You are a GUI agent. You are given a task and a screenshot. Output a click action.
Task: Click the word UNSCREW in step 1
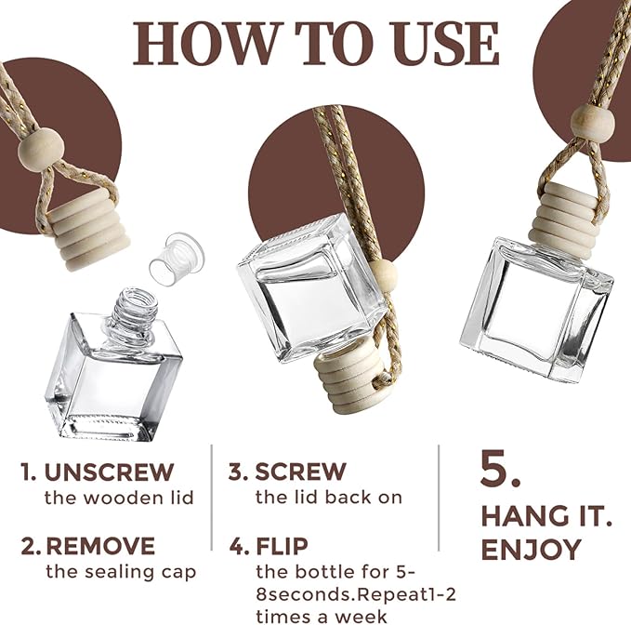tap(109, 472)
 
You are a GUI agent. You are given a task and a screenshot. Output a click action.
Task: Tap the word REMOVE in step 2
tap(100, 546)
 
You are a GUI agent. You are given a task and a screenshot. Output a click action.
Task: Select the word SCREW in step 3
tap(300, 472)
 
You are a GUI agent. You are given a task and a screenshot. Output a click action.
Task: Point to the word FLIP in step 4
tap(283, 546)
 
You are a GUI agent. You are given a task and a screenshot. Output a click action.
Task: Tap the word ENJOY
tap(532, 550)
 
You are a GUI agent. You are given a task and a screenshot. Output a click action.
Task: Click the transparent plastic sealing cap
tap(177, 259)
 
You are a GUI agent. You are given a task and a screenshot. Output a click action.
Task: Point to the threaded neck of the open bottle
tap(133, 312)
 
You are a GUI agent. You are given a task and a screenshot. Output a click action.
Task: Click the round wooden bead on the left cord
tap(41, 149)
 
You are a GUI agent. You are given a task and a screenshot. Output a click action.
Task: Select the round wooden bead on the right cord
tap(593, 120)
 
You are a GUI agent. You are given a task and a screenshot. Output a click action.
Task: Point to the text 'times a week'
tap(322, 617)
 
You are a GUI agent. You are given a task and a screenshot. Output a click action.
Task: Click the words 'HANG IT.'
tap(546, 517)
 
